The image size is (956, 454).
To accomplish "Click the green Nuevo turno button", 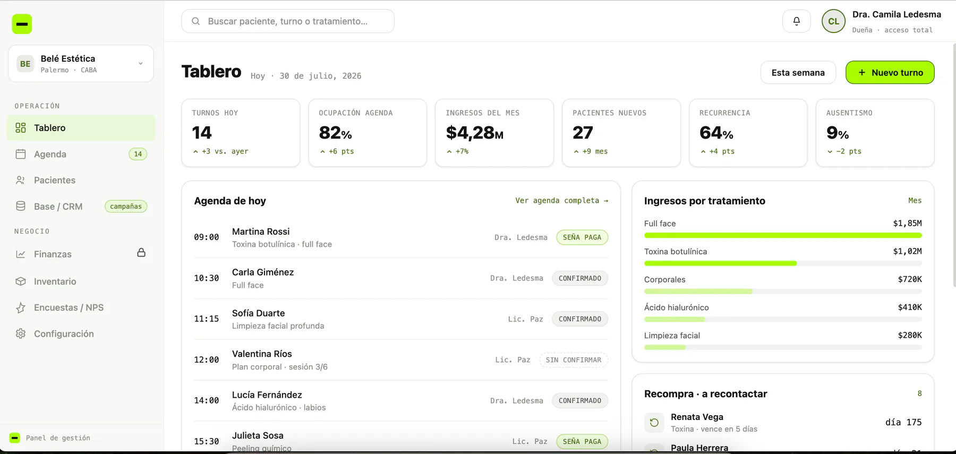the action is pyautogui.click(x=890, y=72).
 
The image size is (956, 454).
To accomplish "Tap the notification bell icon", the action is pyautogui.click(x=796, y=21).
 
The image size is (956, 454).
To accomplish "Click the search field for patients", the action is pyautogui.click(x=288, y=21).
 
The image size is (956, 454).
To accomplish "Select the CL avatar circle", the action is pyautogui.click(x=833, y=21).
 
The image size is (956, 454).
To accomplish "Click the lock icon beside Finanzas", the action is pyautogui.click(x=141, y=252).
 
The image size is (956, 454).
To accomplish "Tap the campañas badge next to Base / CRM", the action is pyautogui.click(x=126, y=207).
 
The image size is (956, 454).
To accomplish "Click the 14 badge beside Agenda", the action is pyautogui.click(x=138, y=154).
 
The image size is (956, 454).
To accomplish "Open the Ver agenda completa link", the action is pyautogui.click(x=561, y=201).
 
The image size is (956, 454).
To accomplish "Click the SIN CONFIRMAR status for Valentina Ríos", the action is pyautogui.click(x=574, y=360).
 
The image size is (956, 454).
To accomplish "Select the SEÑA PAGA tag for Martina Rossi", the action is pyautogui.click(x=582, y=237).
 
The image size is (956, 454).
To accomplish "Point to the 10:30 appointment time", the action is pyautogui.click(x=206, y=278).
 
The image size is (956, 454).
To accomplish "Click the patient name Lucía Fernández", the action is pyautogui.click(x=267, y=395).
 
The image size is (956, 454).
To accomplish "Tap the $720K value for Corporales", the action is pyautogui.click(x=910, y=279).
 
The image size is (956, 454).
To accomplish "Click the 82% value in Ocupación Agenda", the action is pyautogui.click(x=335, y=133).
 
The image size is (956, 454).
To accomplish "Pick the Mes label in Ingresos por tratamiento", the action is pyautogui.click(x=915, y=201).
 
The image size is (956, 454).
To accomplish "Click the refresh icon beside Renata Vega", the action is pyautogui.click(x=654, y=423).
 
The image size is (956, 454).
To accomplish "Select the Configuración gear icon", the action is pyautogui.click(x=21, y=333).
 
